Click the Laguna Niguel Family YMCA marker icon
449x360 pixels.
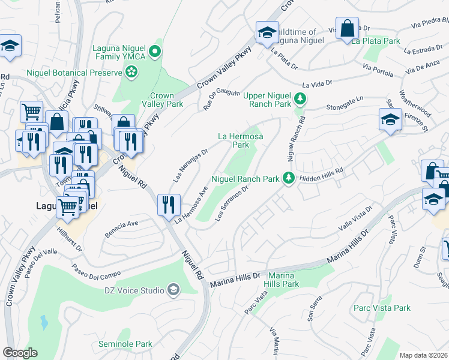[x=156, y=51]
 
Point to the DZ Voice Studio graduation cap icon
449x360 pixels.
[x=173, y=290]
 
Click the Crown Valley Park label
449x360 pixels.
[x=161, y=100]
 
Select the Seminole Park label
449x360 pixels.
[x=125, y=344]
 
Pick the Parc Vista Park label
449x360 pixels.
[x=382, y=308]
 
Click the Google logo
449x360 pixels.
[x=20, y=353]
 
